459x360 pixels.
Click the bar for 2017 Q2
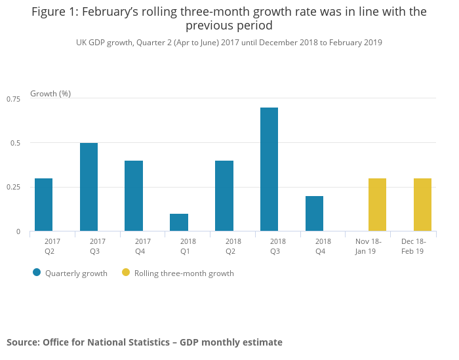(x=43, y=205)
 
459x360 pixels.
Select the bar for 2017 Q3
(x=89, y=187)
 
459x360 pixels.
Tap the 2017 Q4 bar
(x=134, y=196)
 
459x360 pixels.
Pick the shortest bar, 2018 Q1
(x=179, y=222)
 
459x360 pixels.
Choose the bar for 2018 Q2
(x=224, y=196)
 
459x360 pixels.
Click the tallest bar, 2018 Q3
(x=269, y=169)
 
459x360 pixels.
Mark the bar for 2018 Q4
(x=314, y=214)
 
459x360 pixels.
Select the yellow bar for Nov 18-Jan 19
(x=377, y=205)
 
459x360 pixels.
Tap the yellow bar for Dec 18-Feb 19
(x=422, y=205)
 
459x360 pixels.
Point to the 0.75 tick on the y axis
(x=13, y=98)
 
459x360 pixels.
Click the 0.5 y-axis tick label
(x=15, y=143)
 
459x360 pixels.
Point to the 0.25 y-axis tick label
(x=13, y=188)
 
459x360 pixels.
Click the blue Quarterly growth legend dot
(x=37, y=273)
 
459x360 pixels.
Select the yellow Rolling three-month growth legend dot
(x=126, y=273)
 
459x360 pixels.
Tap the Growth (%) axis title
(x=50, y=94)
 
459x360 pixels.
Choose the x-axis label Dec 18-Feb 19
(x=413, y=246)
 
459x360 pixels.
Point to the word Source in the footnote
(x=22, y=342)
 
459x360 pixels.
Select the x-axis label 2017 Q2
(x=52, y=246)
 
